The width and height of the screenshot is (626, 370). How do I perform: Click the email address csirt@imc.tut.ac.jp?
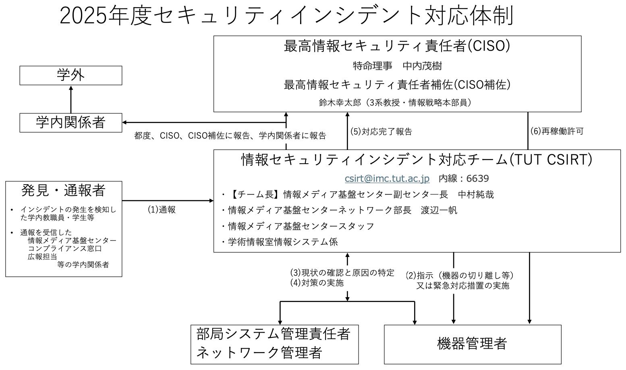pos(387,178)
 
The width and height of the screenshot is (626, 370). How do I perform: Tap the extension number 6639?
pos(478,178)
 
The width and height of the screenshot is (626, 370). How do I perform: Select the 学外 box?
pos(71,75)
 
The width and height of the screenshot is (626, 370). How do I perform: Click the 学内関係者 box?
pos(71,123)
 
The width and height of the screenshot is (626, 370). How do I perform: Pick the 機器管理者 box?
pos(473,344)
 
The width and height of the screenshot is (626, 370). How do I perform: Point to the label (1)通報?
pos(162,210)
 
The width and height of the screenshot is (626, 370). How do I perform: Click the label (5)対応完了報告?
pos(381,132)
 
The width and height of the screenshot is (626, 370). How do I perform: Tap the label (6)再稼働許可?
pos(557,131)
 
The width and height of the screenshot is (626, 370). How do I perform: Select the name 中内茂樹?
pos(422,66)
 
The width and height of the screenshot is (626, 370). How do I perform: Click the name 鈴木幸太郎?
pos(340,103)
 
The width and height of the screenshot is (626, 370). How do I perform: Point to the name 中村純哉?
pos(476,195)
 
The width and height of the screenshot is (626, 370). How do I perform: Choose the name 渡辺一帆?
pos(439,210)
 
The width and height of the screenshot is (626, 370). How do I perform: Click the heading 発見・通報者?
pos(63,190)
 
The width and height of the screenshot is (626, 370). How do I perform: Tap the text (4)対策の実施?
pos(317,283)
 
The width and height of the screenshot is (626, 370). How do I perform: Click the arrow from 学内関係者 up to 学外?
pos(71,99)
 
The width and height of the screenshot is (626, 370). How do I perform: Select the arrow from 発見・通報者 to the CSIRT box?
pos(168,201)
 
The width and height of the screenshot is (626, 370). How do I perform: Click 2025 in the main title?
pos(83,16)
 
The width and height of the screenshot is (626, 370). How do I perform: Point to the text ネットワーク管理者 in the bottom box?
pos(259,352)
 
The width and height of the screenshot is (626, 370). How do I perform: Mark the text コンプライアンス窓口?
pos(65,248)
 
